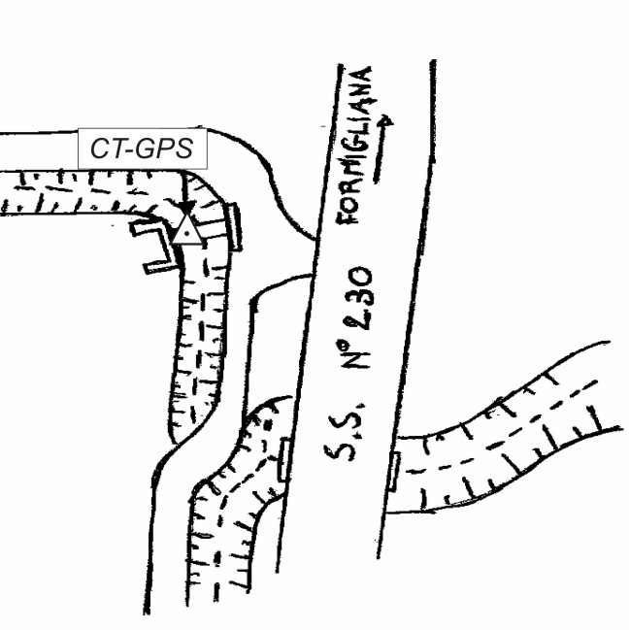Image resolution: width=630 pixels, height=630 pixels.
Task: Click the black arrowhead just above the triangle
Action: point(184,209)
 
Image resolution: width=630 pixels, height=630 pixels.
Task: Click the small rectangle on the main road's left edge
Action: point(284,458)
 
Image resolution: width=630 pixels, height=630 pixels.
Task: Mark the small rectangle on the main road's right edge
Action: point(393,471)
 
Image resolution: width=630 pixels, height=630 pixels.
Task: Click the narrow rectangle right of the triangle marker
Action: point(236,225)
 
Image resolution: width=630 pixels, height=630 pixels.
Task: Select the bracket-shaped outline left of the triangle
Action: point(155,243)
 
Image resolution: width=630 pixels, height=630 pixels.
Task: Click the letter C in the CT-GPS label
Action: point(99,149)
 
